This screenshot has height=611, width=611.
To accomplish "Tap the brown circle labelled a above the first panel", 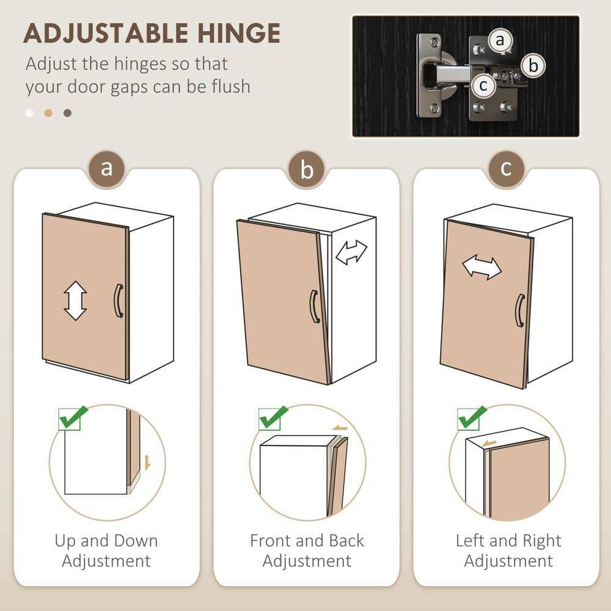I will coord(107,168).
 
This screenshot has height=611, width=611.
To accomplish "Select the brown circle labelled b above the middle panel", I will coord(307,170).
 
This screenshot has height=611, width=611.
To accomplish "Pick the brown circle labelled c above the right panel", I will coord(506,168).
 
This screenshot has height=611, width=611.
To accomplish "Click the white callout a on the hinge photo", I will coord(500,41).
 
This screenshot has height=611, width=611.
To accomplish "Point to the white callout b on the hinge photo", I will coord(533,65).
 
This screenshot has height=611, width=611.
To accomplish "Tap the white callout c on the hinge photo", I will coord(483,86).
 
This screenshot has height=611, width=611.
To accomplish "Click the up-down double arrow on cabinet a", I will coord(75,301).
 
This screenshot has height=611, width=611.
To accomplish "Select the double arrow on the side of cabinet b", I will coord(351,252).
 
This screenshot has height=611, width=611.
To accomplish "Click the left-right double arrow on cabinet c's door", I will coord(481,267).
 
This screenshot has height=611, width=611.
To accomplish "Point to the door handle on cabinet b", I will coord(314,306).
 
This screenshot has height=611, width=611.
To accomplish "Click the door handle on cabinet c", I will coord(519,310).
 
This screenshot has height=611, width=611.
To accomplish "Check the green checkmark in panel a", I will coord(73,418).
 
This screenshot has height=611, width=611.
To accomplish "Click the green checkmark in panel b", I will coord(273,417).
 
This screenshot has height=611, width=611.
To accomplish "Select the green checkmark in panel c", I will coord(472,417).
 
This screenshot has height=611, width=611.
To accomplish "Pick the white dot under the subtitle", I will coord(29,113).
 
